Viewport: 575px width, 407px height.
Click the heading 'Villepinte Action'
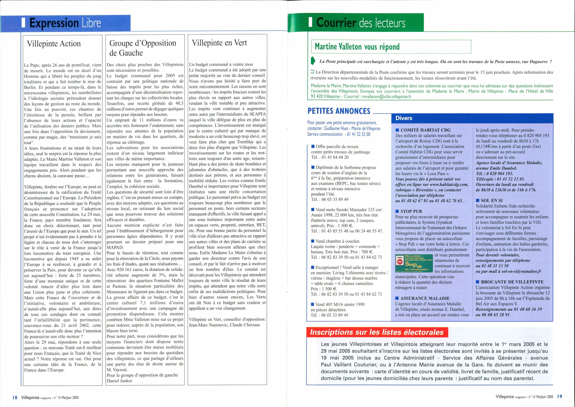[54, 44]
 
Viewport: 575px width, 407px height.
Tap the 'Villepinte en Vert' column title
[219, 43]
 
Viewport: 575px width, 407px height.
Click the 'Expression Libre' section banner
[65, 23]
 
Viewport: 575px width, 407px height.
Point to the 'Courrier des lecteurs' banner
[361, 23]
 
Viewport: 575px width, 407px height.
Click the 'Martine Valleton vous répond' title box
[357, 47]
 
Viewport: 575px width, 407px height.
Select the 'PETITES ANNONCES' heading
[339, 111]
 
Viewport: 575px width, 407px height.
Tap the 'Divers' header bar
[404, 118]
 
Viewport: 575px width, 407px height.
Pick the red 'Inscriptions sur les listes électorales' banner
[377, 332]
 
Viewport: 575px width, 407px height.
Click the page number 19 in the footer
[560, 396]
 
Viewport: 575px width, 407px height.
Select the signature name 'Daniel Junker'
[119, 380]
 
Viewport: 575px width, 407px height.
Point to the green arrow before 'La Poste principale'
[313, 61]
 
